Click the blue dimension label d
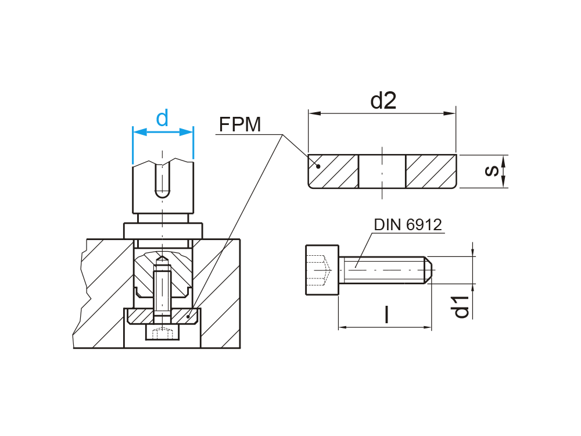click(x=162, y=119)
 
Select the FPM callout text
click(x=240, y=124)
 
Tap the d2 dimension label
click(x=383, y=101)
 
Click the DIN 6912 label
click(x=408, y=224)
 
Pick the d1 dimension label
click(x=462, y=306)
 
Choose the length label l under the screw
click(x=386, y=315)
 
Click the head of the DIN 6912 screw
click(x=321, y=270)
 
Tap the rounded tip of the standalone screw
click(x=427, y=270)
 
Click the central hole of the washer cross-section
click(x=382, y=171)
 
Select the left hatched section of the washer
click(x=333, y=171)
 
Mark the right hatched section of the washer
click(x=431, y=171)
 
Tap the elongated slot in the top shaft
click(x=163, y=180)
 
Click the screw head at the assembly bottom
click(x=162, y=333)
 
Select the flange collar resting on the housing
click(x=163, y=230)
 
